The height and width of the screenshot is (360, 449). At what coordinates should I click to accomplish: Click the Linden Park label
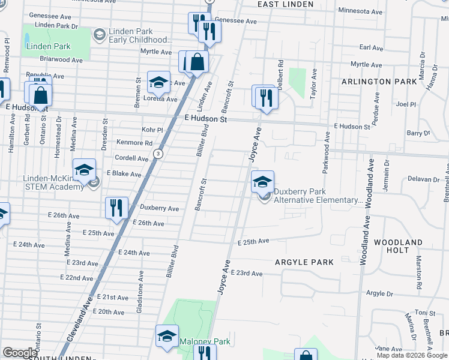[x=48, y=46]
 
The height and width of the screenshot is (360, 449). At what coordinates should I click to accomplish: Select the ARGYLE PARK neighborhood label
[x=304, y=262]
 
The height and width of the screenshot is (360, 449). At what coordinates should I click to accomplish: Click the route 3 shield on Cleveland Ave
[x=157, y=154]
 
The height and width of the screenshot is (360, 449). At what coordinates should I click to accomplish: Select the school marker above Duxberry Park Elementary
[x=262, y=182]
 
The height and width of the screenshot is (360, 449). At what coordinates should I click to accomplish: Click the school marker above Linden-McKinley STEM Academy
[x=85, y=170]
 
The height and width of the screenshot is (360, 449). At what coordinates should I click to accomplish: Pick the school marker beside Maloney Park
[x=167, y=336]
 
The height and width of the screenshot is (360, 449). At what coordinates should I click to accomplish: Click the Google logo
[x=20, y=353]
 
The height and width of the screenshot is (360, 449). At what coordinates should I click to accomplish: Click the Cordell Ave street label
[x=131, y=158]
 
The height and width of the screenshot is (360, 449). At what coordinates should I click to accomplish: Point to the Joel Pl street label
[x=406, y=104]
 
